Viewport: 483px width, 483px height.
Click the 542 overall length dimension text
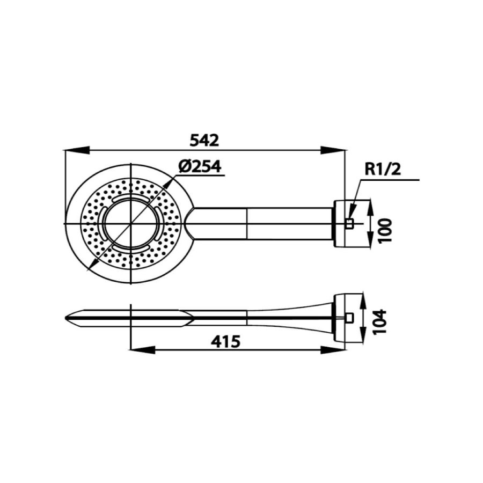pyautogui.click(x=204, y=140)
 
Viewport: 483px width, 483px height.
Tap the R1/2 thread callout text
pyautogui.click(x=383, y=169)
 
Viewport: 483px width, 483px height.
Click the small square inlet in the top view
pyautogui.click(x=349, y=224)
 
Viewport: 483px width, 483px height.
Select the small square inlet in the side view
pyautogui.click(x=349, y=318)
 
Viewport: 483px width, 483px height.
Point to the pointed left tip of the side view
pyautogui.click(x=67, y=318)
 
